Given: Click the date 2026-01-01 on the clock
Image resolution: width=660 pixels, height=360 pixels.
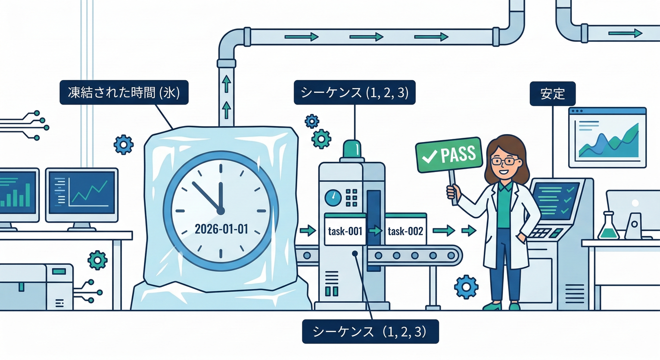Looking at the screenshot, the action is coord(222,229).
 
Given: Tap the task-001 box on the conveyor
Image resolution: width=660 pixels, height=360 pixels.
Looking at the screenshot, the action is coord(345,230).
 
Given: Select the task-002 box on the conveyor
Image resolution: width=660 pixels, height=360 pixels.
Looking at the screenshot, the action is coord(406,229).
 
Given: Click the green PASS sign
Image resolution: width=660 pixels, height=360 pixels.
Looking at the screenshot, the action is coord(449,155).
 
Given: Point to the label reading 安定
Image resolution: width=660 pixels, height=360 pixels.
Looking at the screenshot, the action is coord(553,94).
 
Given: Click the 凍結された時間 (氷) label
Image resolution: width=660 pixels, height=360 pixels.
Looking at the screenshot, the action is coord(124,92).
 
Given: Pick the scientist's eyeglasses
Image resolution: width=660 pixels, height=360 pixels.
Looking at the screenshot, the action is coord(504,161).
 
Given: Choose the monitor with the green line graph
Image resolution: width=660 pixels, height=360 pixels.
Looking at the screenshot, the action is coord(82,195).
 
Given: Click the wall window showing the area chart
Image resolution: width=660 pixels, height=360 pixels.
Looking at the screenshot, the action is coord(607,137).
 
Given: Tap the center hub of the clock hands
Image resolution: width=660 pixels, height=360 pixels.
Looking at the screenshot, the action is coord(220,210).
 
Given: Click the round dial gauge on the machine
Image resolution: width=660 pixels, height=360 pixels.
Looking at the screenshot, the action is coord(333,198).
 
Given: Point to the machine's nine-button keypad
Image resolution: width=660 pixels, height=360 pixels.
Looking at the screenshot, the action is coord(352,198).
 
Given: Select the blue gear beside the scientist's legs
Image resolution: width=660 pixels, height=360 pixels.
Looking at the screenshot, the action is coord(466,287).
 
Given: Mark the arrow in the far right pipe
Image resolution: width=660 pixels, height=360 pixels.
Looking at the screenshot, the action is coord(625,33).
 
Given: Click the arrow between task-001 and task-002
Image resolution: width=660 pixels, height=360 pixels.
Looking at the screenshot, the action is coord(375,230).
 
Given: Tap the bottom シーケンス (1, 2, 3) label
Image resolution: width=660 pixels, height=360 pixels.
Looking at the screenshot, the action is coord(370,331).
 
